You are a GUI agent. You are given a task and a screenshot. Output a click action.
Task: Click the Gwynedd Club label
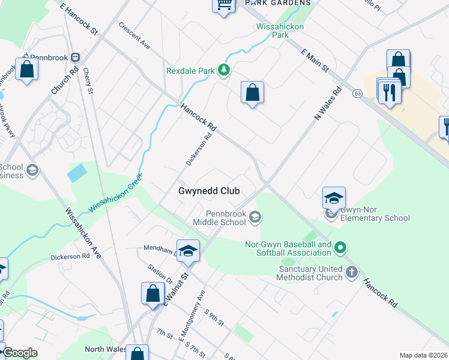(x=209, y=191)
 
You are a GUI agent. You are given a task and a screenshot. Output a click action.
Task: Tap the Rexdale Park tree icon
(x=224, y=71)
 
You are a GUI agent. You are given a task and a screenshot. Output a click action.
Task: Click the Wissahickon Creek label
(x=116, y=193)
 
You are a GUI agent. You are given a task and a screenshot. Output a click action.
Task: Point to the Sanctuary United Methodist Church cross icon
(x=352, y=273)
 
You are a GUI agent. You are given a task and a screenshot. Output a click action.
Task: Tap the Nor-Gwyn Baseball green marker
(x=340, y=247)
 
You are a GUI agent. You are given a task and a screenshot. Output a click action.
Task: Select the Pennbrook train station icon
(x=76, y=58)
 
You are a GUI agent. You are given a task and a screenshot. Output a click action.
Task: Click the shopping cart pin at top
(x=223, y=5)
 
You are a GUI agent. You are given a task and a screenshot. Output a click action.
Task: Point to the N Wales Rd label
(x=328, y=103)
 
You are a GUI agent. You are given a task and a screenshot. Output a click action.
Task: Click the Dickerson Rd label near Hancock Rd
(x=199, y=149)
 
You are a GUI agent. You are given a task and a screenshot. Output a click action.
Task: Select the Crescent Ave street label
(x=134, y=35)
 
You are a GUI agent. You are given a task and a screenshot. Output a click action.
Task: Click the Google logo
(x=20, y=353)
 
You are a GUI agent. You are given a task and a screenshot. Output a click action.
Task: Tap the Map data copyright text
(x=423, y=355)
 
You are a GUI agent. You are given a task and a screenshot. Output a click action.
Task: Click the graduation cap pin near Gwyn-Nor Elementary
(x=334, y=197)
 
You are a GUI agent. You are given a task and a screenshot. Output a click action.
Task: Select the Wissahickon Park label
(x=280, y=31)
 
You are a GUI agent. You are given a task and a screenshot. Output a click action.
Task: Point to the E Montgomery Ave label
(x=192, y=316)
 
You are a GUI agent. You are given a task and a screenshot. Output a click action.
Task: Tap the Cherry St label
(x=89, y=81)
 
